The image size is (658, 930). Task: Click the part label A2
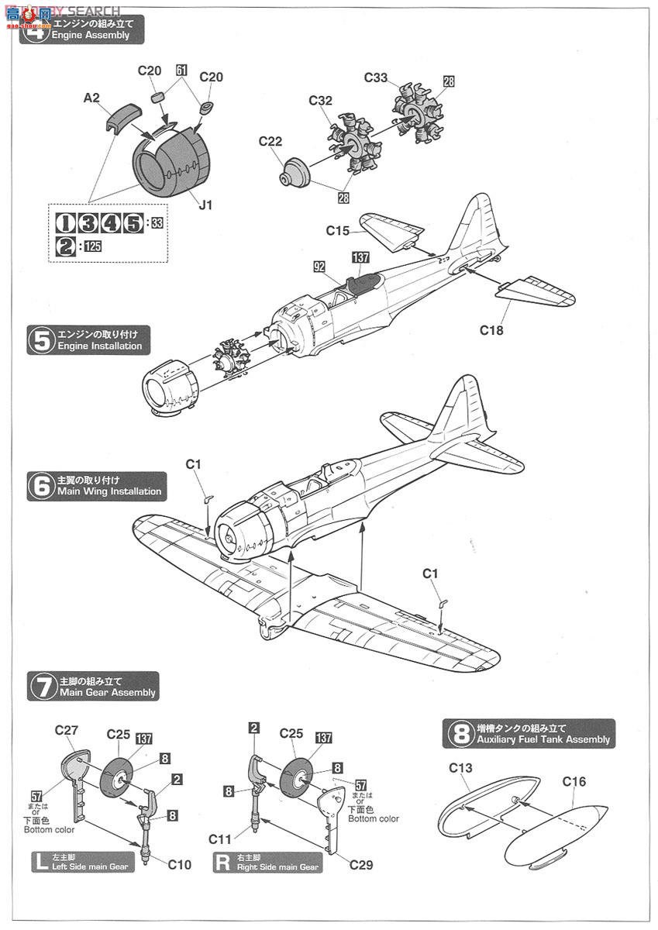(x=92, y=98)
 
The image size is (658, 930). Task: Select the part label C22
(x=271, y=141)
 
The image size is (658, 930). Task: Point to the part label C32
(x=320, y=100)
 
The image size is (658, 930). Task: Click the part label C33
(x=376, y=77)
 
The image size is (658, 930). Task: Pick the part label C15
(x=338, y=230)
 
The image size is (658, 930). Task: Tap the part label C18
(x=491, y=330)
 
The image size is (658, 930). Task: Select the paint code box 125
(x=93, y=246)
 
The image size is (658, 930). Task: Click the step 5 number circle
(x=40, y=340)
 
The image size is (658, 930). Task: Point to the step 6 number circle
(x=40, y=486)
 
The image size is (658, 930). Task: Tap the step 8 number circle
(x=460, y=733)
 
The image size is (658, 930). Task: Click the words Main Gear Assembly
(x=107, y=692)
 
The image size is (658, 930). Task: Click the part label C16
(x=574, y=782)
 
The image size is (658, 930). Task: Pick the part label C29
(x=360, y=864)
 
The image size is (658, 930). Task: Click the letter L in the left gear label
(x=40, y=862)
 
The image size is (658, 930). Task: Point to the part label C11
(x=221, y=839)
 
